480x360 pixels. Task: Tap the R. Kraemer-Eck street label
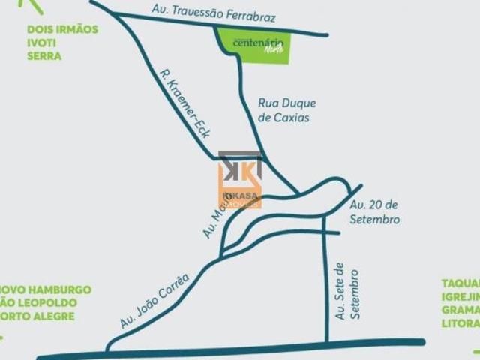[184, 103]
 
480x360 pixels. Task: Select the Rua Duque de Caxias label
[286, 110]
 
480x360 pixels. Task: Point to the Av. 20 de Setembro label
[374, 212]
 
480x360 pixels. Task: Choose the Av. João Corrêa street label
[154, 300]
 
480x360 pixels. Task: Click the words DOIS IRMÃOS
[62, 29]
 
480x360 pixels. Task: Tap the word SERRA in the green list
[44, 56]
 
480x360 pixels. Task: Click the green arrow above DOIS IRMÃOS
[31, 5]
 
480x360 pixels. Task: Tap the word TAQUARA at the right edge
[460, 283]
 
